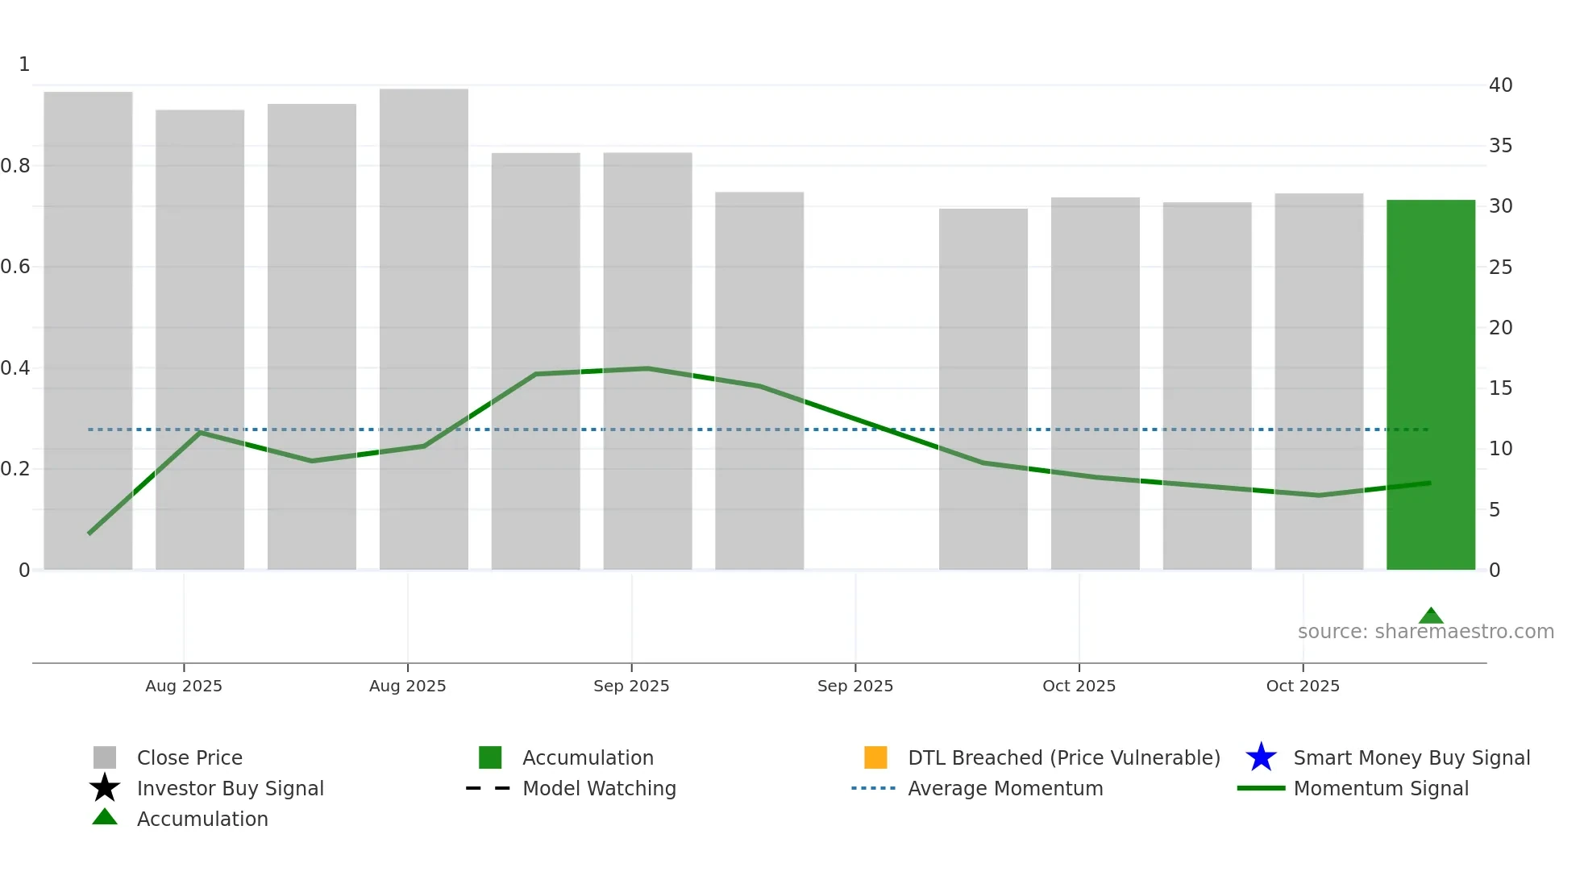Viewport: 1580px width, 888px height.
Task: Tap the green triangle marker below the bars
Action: point(1431,616)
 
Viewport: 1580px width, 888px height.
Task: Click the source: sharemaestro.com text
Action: point(1425,632)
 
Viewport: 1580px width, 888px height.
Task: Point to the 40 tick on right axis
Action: point(1500,85)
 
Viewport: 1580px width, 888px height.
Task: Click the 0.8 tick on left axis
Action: point(15,166)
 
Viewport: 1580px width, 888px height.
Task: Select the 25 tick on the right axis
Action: point(1500,268)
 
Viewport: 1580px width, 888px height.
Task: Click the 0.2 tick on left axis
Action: point(15,469)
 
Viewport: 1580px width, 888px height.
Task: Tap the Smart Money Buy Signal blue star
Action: point(1261,757)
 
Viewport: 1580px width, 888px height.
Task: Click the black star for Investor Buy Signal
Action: point(105,788)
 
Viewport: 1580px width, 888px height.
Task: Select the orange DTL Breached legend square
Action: point(875,757)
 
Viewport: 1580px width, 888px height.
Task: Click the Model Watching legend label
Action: point(599,789)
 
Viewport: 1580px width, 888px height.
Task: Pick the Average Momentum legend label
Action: point(1005,789)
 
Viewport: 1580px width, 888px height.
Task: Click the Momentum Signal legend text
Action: point(1381,789)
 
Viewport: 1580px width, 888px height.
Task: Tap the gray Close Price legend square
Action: point(105,757)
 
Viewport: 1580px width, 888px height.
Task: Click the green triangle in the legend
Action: point(105,818)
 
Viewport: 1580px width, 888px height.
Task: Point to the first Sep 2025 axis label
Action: point(631,686)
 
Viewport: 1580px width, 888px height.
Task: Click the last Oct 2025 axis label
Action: point(1303,686)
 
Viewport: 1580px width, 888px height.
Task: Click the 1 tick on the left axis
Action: point(24,64)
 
